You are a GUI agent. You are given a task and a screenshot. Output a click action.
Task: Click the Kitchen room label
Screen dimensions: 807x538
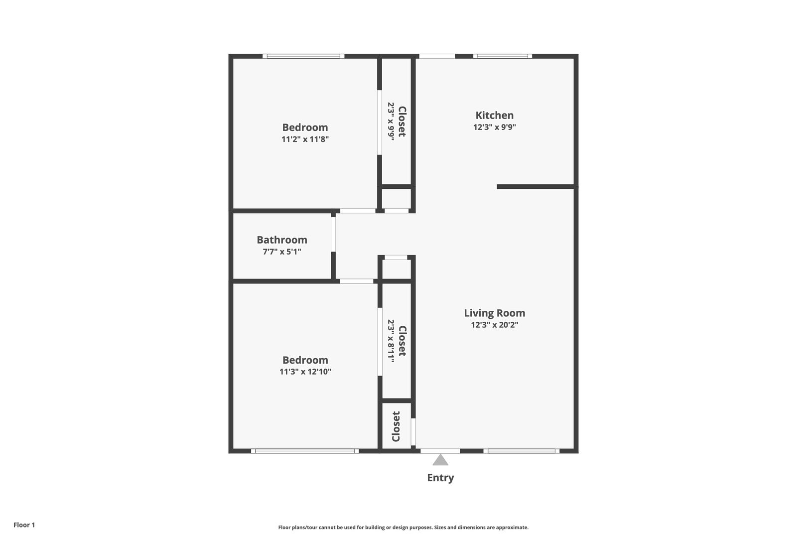pyautogui.click(x=494, y=115)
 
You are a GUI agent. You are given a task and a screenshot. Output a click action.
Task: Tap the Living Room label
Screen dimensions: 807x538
pyautogui.click(x=494, y=313)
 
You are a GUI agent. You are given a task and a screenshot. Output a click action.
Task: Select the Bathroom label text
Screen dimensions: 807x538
pyautogui.click(x=282, y=240)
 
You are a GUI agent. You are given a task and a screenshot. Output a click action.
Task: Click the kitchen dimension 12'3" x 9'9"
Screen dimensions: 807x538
pyautogui.click(x=494, y=127)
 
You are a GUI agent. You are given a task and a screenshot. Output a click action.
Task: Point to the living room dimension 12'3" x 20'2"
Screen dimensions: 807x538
pyautogui.click(x=494, y=325)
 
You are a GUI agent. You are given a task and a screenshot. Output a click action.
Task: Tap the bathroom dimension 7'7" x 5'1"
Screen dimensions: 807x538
pyautogui.click(x=282, y=252)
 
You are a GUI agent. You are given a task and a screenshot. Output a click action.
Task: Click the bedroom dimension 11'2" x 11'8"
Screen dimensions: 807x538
pyautogui.click(x=305, y=139)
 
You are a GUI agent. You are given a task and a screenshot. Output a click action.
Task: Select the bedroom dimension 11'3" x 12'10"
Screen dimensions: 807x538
pyautogui.click(x=305, y=372)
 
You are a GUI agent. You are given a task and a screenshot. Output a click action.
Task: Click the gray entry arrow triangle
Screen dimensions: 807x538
pyautogui.click(x=440, y=460)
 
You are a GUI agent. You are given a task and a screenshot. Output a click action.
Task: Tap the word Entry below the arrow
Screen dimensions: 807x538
pyautogui.click(x=440, y=478)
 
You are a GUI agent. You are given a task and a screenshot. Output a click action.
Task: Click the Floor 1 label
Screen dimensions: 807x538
pyautogui.click(x=24, y=525)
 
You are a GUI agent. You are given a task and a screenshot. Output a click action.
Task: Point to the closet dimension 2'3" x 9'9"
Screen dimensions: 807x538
pyautogui.click(x=391, y=121)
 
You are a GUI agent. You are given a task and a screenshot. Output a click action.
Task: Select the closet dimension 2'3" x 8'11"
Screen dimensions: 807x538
pyautogui.click(x=391, y=341)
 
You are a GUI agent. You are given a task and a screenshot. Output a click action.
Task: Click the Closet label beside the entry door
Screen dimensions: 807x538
pyautogui.click(x=396, y=426)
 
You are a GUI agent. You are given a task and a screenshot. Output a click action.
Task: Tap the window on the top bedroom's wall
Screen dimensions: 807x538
pyautogui.click(x=303, y=56)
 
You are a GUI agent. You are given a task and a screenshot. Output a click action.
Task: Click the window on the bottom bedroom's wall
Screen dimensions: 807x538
pyautogui.click(x=305, y=451)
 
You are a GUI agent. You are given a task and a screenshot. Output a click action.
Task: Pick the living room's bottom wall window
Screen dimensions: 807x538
pyautogui.click(x=521, y=451)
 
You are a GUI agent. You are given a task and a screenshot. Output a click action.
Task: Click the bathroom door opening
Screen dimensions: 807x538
pyautogui.click(x=333, y=233)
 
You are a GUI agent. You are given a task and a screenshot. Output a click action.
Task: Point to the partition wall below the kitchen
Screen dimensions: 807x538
pyautogui.click(x=536, y=187)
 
